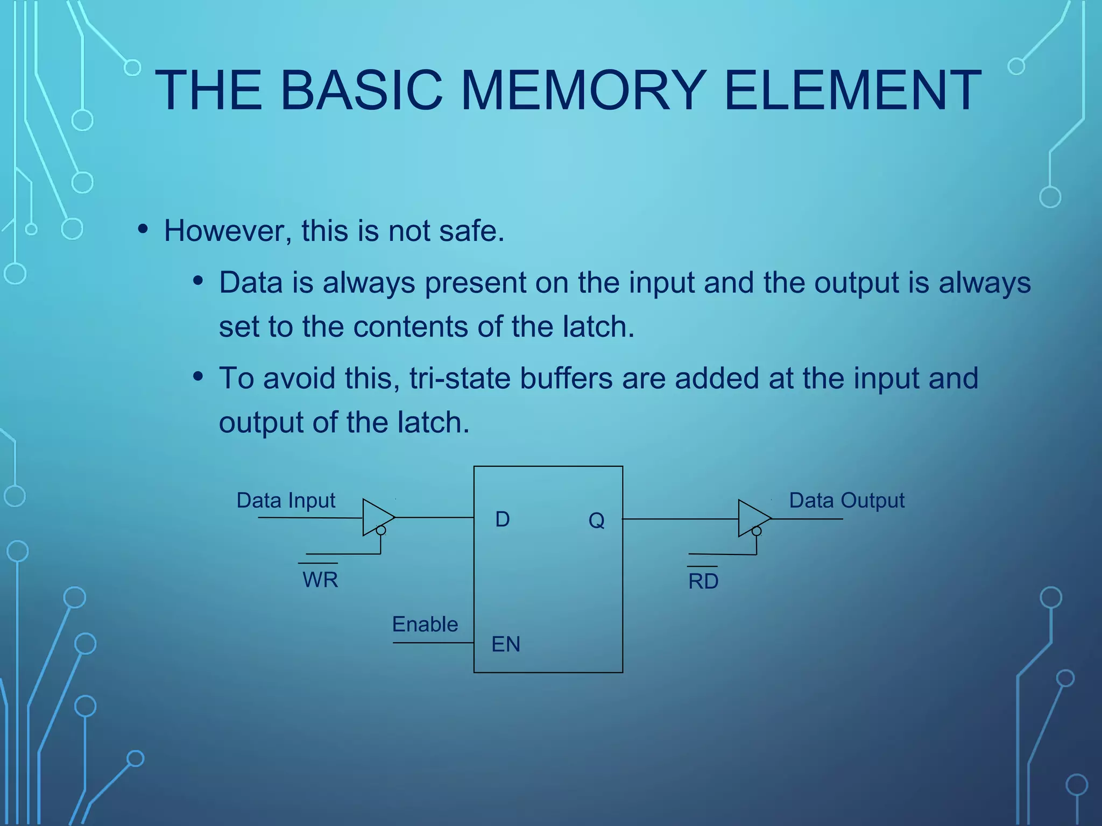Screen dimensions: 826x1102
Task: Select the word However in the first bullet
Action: click(x=226, y=231)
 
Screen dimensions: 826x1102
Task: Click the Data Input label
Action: click(x=286, y=501)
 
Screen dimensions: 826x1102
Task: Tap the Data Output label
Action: click(x=846, y=501)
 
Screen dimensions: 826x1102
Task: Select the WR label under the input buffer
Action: click(x=320, y=580)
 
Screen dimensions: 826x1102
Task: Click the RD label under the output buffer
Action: click(x=703, y=582)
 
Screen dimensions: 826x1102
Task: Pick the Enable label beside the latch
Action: click(x=425, y=624)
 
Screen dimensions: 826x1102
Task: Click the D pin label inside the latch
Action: click(x=502, y=519)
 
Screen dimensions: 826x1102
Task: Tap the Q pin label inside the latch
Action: click(x=596, y=521)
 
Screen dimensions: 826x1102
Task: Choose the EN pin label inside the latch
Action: click(x=506, y=644)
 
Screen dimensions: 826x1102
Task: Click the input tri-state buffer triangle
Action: click(x=376, y=517)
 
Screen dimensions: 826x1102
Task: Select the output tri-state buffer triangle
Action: click(x=751, y=518)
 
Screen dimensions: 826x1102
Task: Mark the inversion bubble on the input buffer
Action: click(x=381, y=531)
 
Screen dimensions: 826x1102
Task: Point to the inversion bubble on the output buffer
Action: click(x=757, y=531)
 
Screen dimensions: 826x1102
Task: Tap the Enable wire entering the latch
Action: click(x=433, y=643)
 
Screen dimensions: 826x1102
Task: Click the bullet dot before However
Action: click(x=143, y=229)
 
